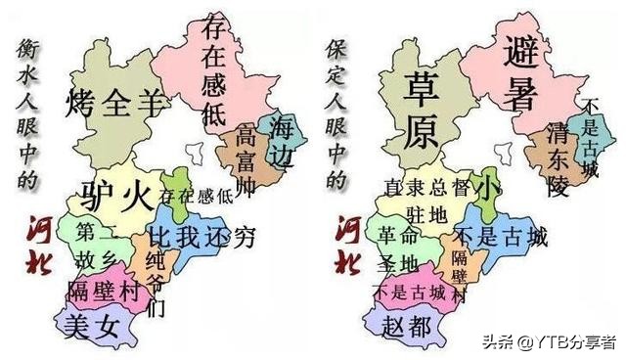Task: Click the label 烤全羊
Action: pos(113,100)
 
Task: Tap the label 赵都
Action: pos(407,327)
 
